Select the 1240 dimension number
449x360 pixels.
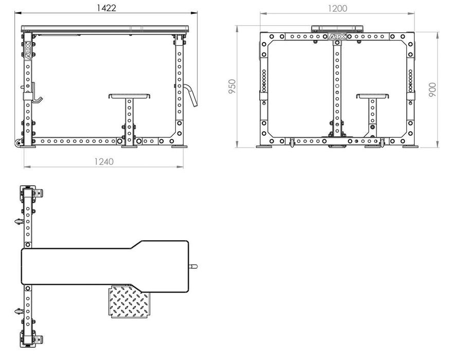[x=103, y=161]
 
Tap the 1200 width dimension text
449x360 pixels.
[x=337, y=8]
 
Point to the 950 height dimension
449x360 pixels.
[x=232, y=86]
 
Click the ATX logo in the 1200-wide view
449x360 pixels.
[x=337, y=37]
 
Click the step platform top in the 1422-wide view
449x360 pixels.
[x=130, y=96]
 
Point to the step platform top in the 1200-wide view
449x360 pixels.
[x=372, y=96]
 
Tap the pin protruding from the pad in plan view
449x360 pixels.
[x=193, y=266]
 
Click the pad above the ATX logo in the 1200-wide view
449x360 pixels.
[x=337, y=28]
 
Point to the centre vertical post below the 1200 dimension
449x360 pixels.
[x=337, y=87]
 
